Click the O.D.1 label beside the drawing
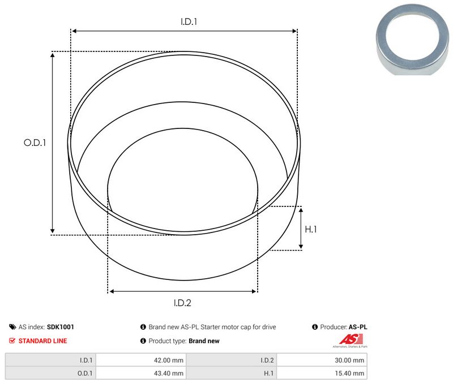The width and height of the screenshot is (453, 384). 35,143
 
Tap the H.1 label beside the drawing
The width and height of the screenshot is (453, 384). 310,229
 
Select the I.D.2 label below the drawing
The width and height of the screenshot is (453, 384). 182,303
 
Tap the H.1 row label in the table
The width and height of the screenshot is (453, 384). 268,373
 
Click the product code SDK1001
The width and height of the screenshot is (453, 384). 60,327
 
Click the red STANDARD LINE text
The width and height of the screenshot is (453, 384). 42,341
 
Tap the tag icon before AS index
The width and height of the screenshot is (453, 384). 12,327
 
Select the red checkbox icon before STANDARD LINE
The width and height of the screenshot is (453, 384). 12,341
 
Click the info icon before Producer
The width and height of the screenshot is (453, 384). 315,327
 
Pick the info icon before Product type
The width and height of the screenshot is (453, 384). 143,341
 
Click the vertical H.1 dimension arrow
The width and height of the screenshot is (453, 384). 301,228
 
